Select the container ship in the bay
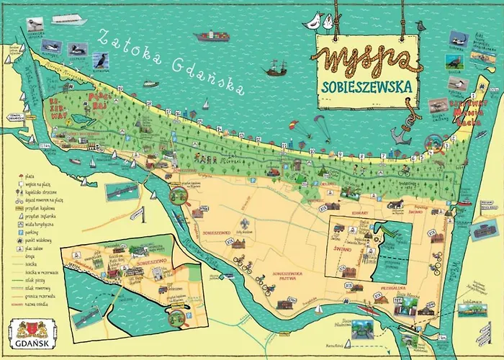212,35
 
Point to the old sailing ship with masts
276,69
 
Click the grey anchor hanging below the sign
400,133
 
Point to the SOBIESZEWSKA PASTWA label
291,276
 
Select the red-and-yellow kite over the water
294,127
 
